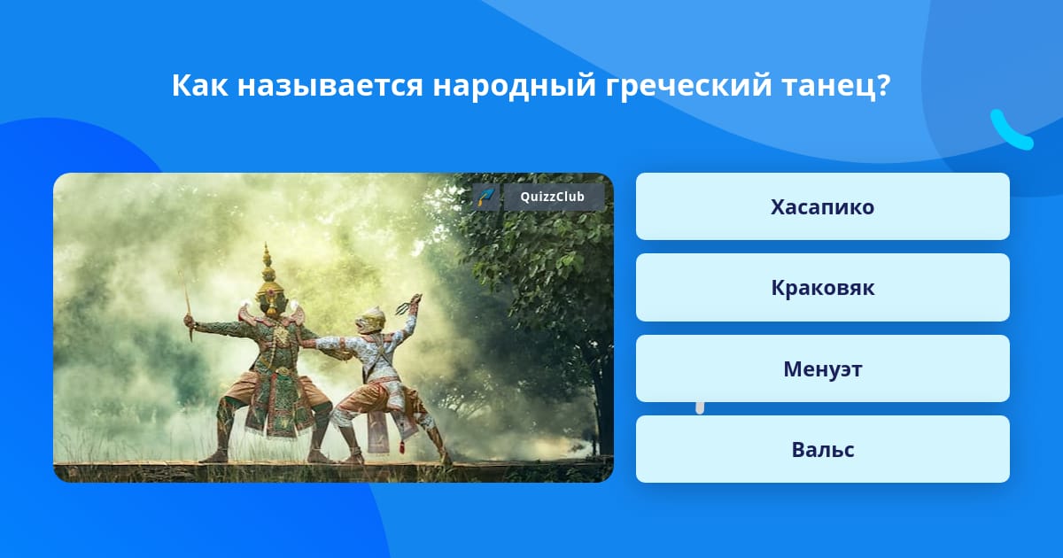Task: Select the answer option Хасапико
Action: pos(822,206)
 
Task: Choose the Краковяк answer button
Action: pos(822,288)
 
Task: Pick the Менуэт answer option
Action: pos(822,368)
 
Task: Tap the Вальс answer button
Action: pos(822,449)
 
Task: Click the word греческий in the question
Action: pos(688,86)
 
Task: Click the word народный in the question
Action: pos(514,86)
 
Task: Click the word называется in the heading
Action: pos(330,86)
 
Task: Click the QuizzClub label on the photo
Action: pos(553,197)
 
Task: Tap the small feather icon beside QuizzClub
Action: pos(486,197)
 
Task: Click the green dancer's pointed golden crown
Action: pos(268,275)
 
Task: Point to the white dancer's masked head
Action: pos(370,320)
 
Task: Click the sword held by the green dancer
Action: pos(186,305)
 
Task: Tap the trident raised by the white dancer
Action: pos(409,304)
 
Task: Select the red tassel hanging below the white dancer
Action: pos(402,446)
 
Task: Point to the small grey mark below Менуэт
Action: pos(700,408)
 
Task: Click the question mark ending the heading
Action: pos(883,86)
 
